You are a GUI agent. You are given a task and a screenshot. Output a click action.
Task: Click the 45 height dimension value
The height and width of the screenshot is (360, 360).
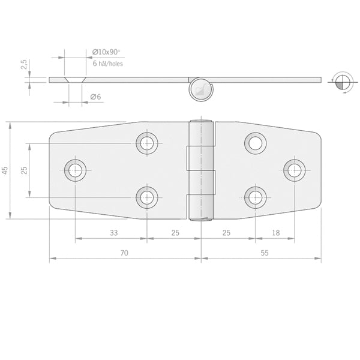[5, 171]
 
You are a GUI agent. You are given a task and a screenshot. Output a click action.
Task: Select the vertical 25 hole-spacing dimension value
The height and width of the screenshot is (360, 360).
[24, 170]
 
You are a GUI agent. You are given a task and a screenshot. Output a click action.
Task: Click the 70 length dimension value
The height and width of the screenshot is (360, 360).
[124, 253]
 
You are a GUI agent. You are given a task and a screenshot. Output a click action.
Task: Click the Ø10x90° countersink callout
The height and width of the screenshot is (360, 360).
[107, 53]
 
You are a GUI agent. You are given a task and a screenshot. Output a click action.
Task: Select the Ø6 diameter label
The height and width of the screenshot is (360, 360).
[95, 97]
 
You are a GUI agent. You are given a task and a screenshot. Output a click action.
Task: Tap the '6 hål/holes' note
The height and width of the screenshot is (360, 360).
[108, 63]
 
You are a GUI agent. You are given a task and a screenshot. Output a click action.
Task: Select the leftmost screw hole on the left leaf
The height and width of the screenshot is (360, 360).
[76, 170]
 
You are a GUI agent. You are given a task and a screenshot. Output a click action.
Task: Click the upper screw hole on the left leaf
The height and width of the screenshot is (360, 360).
[146, 143]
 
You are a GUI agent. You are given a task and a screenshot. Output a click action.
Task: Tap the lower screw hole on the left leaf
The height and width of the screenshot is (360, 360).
[146, 197]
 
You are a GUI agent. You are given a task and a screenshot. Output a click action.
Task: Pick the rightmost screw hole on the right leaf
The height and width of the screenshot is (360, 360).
[294, 170]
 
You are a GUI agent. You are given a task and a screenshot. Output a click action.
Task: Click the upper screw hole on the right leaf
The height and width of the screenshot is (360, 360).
[256, 143]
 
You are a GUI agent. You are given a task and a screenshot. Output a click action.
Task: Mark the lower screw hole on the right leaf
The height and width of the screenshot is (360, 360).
[256, 197]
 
